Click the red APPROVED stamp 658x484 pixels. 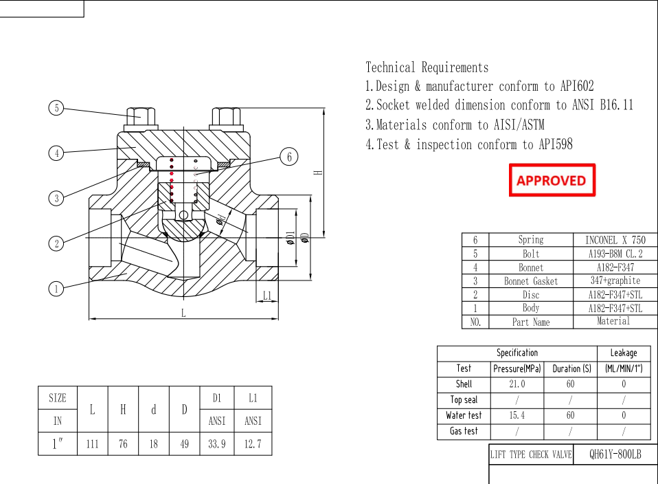point(552,180)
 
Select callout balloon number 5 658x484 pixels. point(56,108)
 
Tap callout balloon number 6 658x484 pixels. point(289,157)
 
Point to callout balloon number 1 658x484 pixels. point(56,289)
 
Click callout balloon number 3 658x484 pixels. point(56,198)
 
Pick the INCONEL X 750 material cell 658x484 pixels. point(615,240)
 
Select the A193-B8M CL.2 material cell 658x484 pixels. point(615,254)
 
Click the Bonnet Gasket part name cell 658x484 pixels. point(531,281)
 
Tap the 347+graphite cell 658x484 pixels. point(615,281)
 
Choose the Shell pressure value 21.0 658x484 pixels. point(517,384)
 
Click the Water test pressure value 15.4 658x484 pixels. point(517,416)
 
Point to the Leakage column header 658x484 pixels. point(623,353)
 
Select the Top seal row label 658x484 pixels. point(464,400)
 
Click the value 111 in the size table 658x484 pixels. point(92,444)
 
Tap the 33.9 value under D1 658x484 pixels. point(216,444)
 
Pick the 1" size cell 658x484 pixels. point(58,444)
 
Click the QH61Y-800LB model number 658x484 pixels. point(615,455)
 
